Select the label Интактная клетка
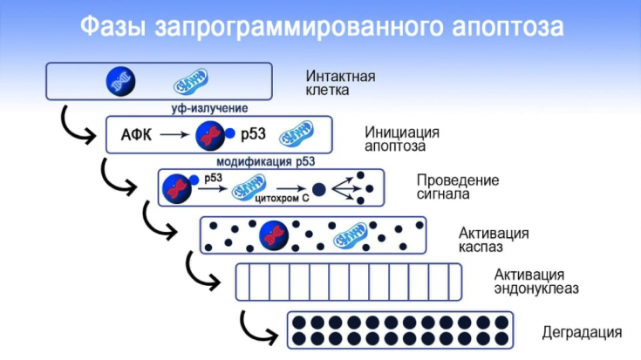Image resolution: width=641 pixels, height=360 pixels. coord(341,83)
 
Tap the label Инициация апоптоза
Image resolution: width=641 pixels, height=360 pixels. coord(402,140)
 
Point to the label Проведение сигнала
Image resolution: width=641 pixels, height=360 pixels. coord(458,187)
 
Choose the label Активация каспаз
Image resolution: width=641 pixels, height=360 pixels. coord(493,239)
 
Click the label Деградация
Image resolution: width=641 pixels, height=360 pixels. coord(581,332)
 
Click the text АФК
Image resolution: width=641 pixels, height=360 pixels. coord(133,135)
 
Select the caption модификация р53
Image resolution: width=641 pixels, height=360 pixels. coord(264,161)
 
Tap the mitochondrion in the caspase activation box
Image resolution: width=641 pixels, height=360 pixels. coord(349,233)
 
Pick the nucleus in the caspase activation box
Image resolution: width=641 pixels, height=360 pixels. coord(273,233)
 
